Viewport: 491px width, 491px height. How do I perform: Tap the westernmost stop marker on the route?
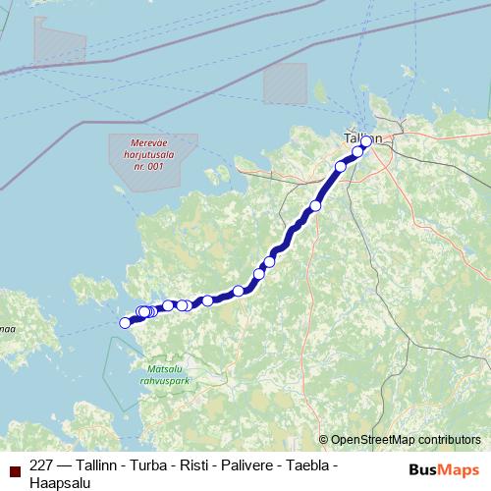click(125, 322)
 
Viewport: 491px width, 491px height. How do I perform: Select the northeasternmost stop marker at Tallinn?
click(367, 141)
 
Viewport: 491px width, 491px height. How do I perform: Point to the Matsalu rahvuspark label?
click(164, 372)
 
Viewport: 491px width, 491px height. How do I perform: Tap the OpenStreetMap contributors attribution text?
click(405, 439)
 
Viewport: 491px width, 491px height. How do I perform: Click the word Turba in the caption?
click(146, 464)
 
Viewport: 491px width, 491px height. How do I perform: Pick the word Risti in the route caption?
click(195, 464)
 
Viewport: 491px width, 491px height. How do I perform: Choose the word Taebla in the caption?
click(315, 464)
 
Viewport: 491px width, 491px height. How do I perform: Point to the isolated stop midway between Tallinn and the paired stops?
click(315, 205)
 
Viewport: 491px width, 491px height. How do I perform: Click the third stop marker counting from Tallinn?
click(341, 167)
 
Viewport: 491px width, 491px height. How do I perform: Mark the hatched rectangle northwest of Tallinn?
click(285, 82)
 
